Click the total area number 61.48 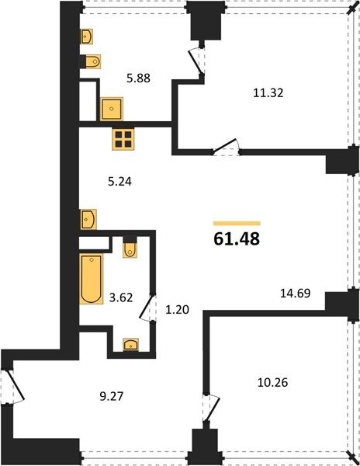[x=237, y=238]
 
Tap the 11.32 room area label [x=268, y=93]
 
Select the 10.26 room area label [x=273, y=382]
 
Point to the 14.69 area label [x=296, y=294]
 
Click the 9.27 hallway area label [x=111, y=396]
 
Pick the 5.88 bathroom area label [x=139, y=78]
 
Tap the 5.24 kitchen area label [x=119, y=181]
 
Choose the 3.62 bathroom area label [x=121, y=297]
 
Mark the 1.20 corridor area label [x=177, y=310]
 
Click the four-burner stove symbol [x=123, y=139]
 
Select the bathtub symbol [x=91, y=279]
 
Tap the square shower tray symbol [x=111, y=109]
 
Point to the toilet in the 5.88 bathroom [x=93, y=62]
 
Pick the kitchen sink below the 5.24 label [x=88, y=219]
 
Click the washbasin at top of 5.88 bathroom [x=87, y=37]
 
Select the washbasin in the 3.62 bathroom [x=131, y=345]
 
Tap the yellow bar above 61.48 [x=237, y=224]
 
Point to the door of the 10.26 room [x=211, y=409]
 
